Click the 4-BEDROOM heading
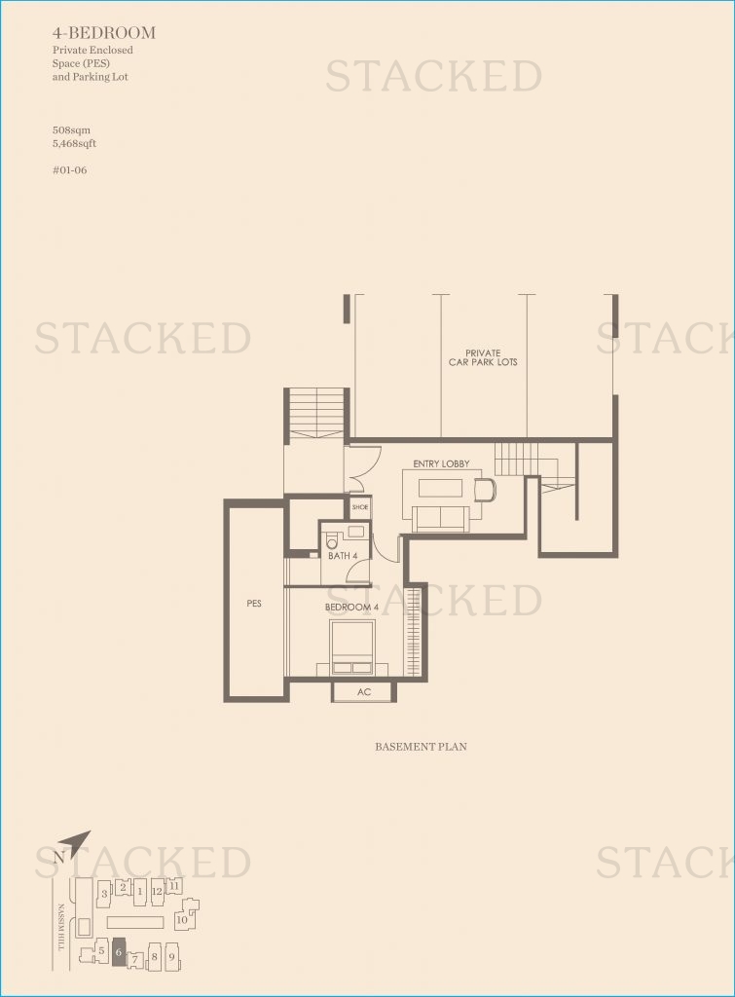click(x=103, y=32)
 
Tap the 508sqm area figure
click(x=71, y=130)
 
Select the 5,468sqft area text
click(x=74, y=144)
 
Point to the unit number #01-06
click(x=70, y=170)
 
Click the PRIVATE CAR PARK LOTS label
click(x=483, y=357)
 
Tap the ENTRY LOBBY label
click(x=441, y=463)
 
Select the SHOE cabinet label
click(x=360, y=506)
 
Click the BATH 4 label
click(x=343, y=556)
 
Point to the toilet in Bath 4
click(x=331, y=541)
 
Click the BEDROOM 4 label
click(x=351, y=608)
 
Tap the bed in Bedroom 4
click(x=351, y=646)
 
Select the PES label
click(x=254, y=603)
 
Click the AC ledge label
click(x=364, y=692)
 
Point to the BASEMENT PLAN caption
click(x=421, y=747)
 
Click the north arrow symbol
click(x=80, y=842)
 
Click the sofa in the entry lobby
click(x=441, y=518)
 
